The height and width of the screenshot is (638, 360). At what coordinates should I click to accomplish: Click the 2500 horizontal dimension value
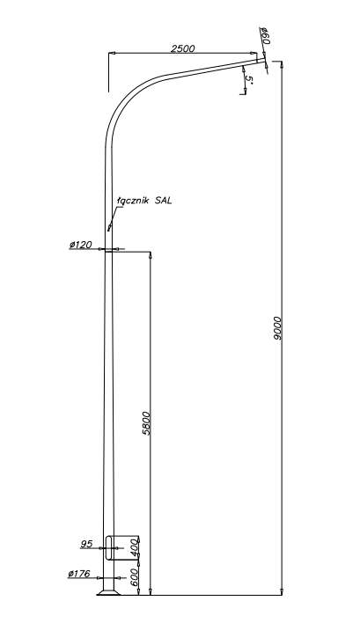point(183,48)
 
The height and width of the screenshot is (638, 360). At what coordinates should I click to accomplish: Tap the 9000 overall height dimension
point(277,328)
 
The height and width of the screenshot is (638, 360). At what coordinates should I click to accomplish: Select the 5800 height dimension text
point(146,423)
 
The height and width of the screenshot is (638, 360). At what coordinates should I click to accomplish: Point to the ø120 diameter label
point(81,245)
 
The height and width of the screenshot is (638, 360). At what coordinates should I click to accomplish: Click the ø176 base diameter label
point(79,574)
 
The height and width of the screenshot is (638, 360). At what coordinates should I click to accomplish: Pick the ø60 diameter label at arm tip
point(265,36)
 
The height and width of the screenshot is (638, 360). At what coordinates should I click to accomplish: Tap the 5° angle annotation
point(249,80)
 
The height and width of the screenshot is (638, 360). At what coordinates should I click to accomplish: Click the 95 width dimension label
point(86,544)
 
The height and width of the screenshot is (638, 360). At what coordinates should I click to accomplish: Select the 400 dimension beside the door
point(135,548)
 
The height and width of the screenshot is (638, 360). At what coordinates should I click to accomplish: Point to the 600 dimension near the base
point(135,577)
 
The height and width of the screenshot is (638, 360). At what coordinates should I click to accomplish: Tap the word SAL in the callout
point(163,200)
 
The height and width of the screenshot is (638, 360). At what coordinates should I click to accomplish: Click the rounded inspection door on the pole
point(108,547)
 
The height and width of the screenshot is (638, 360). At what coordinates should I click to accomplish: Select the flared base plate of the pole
point(108,592)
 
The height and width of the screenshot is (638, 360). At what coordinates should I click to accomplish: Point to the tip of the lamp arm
point(265,60)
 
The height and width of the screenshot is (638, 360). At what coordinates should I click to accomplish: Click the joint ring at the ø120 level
point(108,251)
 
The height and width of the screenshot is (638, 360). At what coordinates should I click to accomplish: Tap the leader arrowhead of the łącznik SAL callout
point(109,228)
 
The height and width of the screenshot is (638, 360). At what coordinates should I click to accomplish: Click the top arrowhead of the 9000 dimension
point(282,64)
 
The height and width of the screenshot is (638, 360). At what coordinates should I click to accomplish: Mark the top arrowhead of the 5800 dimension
point(151,254)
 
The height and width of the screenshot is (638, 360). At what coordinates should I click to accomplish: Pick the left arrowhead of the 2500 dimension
point(112,53)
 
